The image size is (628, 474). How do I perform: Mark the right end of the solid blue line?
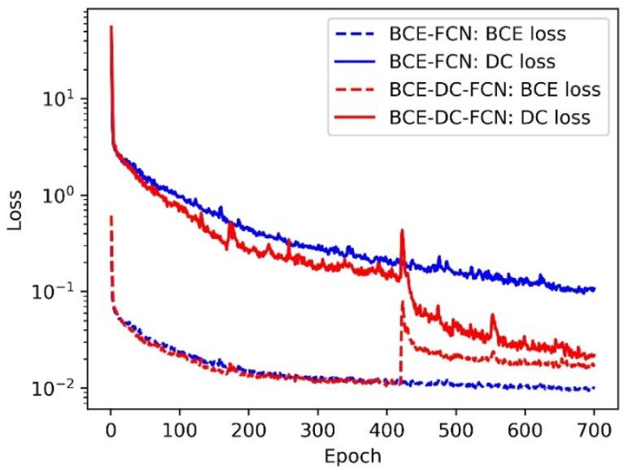(595, 289)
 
